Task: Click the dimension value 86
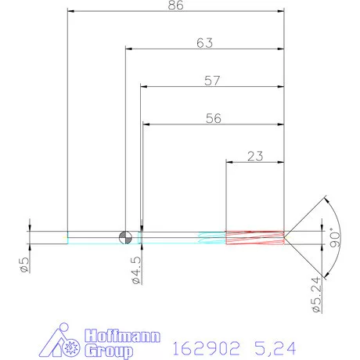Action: [175, 6]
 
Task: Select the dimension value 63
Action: [204, 44]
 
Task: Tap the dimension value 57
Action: [211, 81]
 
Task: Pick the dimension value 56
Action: [211, 119]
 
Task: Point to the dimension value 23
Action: [254, 156]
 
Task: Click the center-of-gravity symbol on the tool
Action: [124, 236]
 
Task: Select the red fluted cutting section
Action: [254, 236]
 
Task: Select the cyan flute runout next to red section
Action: [211, 236]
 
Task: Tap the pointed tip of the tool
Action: [286, 236]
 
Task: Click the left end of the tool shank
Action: [68, 236]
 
